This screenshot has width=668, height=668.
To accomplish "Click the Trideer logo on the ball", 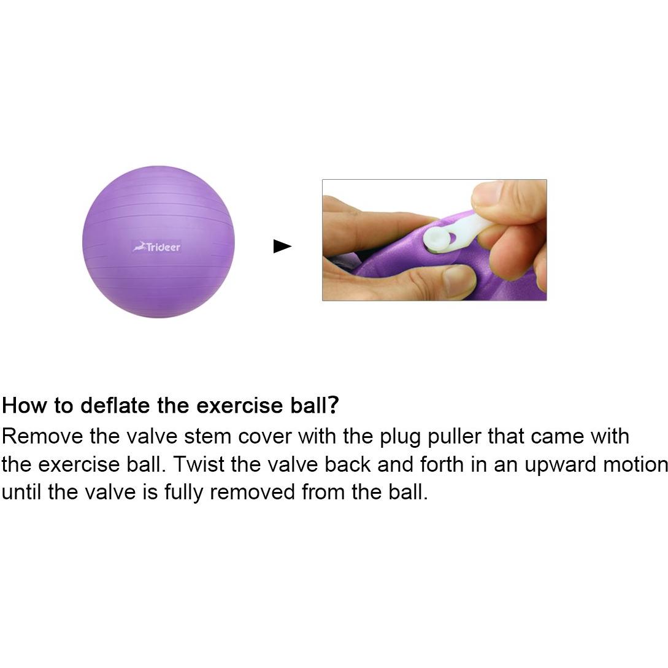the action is tap(156, 247).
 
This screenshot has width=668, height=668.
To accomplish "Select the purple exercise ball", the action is tap(158, 242).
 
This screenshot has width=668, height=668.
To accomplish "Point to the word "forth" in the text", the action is tap(442, 464).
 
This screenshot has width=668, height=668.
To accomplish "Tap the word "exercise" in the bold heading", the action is tap(240, 405).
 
